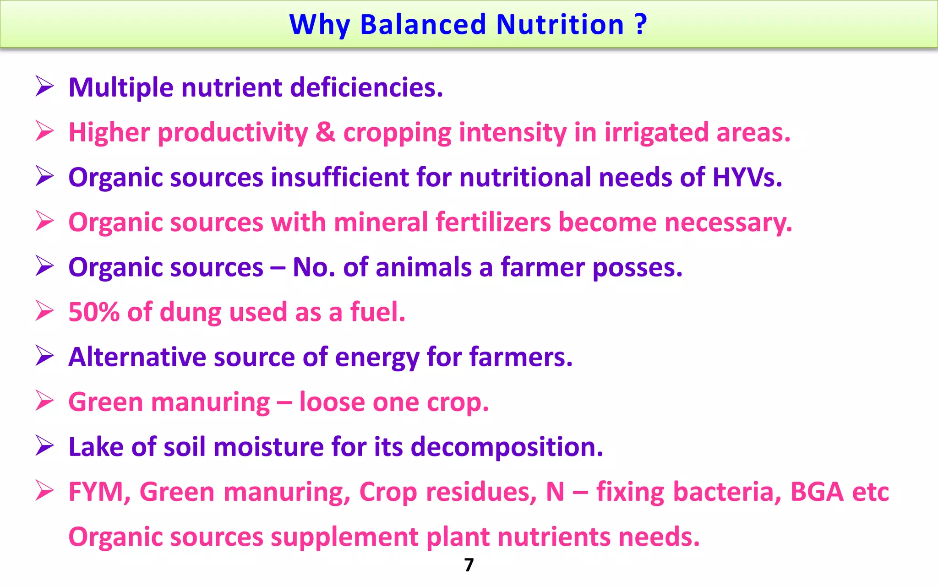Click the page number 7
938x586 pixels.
pos(469,565)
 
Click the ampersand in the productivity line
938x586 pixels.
pos(325,132)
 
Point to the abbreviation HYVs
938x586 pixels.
pos(747,177)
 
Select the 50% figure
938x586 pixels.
pos(94,312)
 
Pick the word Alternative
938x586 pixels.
pos(137,357)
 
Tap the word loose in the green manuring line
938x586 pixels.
pos(332,402)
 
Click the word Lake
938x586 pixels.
pos(96,447)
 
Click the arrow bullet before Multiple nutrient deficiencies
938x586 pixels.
pos(45,87)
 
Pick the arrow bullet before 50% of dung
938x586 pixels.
pos(45,311)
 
